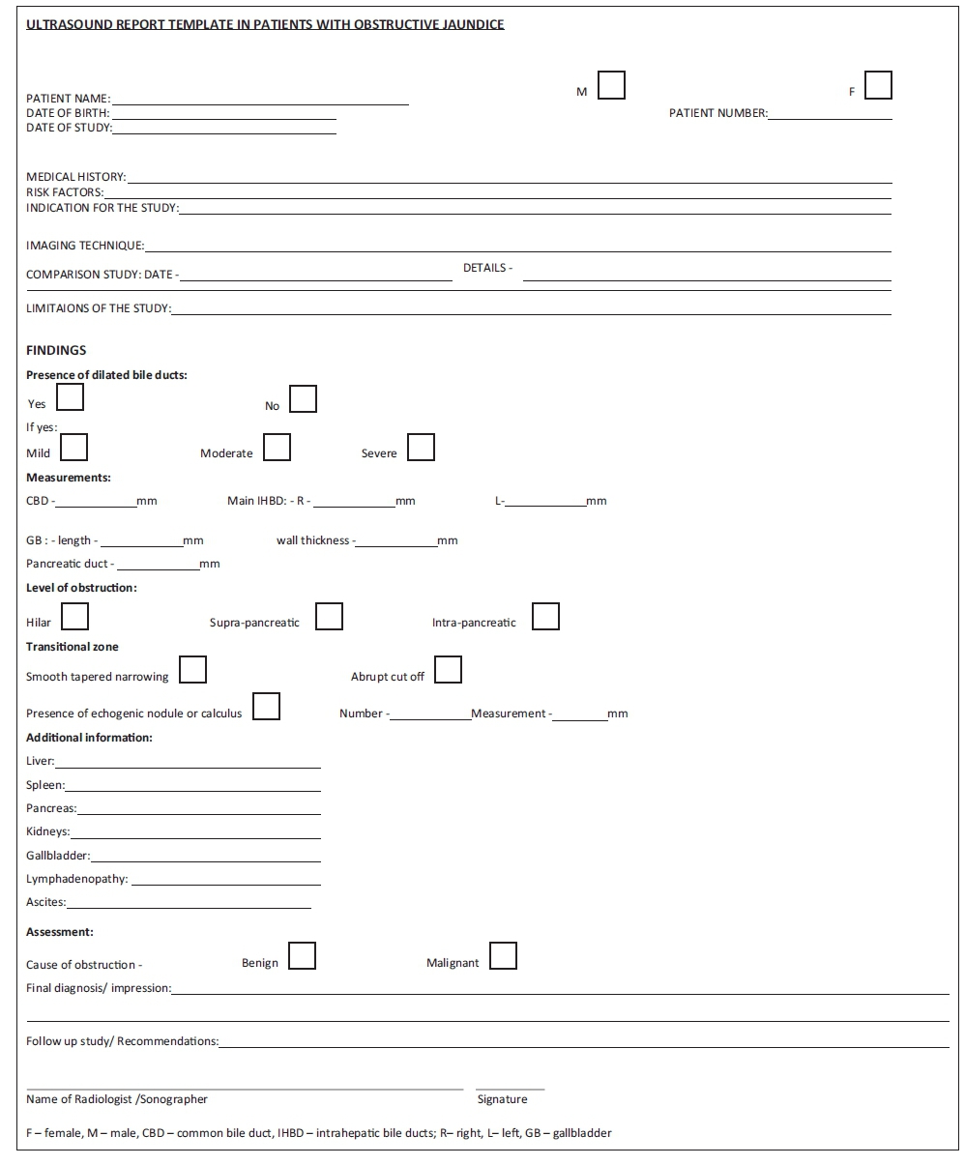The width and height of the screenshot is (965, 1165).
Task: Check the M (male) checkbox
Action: click(611, 86)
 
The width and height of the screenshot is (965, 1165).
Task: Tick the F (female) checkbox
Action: click(878, 86)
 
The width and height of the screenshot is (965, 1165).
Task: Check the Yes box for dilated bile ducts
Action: click(71, 397)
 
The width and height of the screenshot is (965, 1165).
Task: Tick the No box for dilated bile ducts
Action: click(304, 399)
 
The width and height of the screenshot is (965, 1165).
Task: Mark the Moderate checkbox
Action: click(278, 448)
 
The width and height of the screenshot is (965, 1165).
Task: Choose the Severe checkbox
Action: click(421, 448)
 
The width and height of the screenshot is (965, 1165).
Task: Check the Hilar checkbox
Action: click(74, 617)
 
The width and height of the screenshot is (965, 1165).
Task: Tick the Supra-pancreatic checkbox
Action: click(329, 617)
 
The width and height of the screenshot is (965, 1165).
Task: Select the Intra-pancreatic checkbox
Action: click(545, 617)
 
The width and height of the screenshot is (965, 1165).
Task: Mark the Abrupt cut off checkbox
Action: click(448, 670)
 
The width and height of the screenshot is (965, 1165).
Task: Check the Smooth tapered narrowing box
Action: click(192, 670)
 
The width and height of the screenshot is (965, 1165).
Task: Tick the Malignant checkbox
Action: click(503, 956)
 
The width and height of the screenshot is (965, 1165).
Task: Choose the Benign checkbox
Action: click(302, 956)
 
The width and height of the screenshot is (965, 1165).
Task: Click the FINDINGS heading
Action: click(56, 351)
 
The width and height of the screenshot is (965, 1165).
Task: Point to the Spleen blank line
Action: click(192, 787)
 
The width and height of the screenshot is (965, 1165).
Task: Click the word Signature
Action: click(502, 1099)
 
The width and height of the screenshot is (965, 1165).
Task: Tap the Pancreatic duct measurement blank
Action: click(157, 566)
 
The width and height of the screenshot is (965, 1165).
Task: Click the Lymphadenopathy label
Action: click(76, 880)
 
